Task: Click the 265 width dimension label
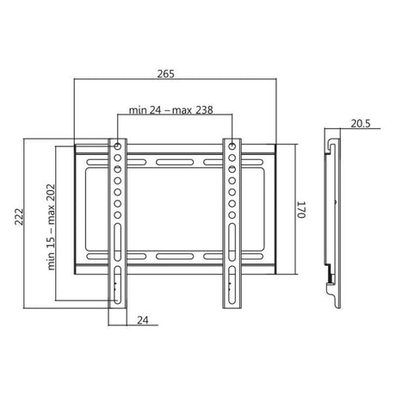[x=165, y=74]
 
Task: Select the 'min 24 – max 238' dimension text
[x=170, y=110]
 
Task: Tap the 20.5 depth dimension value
[x=361, y=124]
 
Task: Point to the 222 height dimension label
[x=19, y=217]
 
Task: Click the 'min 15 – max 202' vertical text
[x=51, y=227]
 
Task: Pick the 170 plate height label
[x=300, y=210]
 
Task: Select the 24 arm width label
[x=143, y=320]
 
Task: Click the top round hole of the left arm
[x=117, y=146]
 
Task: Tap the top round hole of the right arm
[x=232, y=146]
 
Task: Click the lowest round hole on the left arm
[x=117, y=215]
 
